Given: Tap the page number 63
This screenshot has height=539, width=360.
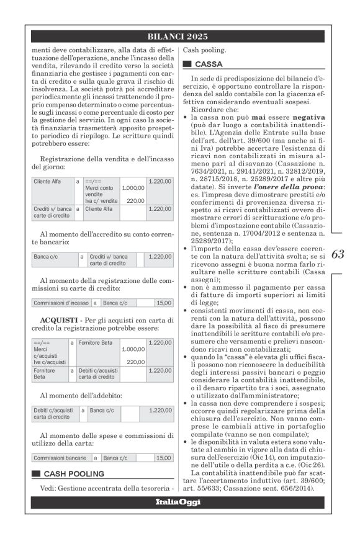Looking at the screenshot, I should point(338,254).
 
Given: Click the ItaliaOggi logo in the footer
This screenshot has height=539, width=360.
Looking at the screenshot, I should point(178,501).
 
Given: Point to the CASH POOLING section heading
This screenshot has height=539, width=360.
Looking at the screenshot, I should point(73,473).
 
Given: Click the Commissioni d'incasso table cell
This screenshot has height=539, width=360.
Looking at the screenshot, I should point(60,303).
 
